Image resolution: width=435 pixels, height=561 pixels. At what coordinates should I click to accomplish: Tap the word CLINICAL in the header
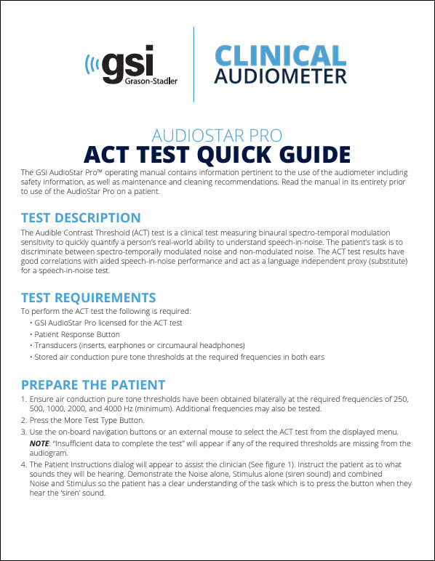(280, 55)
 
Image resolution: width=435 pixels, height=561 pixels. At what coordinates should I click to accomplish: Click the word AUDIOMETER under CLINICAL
(280, 76)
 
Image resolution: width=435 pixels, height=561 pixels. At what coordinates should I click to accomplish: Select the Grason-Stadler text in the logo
(151, 81)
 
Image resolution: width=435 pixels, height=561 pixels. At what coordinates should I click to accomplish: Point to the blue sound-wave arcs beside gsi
(92, 65)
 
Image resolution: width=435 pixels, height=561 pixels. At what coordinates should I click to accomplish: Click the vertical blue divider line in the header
(193, 65)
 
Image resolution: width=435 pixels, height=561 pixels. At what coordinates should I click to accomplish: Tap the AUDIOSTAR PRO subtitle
(217, 136)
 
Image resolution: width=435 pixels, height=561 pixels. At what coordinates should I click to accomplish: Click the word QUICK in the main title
(234, 155)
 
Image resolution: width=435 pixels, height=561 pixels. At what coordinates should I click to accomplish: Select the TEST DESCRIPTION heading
(81, 217)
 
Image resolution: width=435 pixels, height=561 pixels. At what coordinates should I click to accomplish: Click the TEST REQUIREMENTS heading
(89, 297)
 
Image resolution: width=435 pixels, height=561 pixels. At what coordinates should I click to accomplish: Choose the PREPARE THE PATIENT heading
(93, 384)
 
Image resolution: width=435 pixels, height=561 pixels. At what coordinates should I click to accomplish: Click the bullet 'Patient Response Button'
(77, 334)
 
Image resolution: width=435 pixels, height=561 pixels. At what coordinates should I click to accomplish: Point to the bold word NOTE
(39, 443)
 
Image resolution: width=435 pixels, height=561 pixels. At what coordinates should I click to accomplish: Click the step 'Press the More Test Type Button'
(87, 420)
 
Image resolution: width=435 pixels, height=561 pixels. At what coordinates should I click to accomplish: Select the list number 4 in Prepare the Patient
(23, 464)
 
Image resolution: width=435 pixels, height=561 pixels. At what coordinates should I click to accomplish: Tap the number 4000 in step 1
(113, 408)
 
